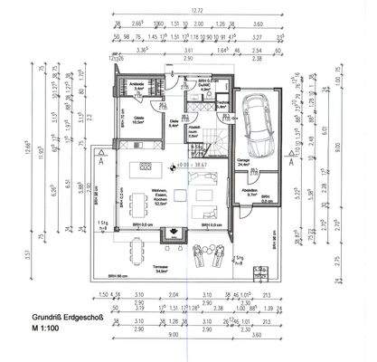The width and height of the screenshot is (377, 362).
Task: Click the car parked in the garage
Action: (x=258, y=128)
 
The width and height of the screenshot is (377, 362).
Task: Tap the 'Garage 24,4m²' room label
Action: (x=243, y=162)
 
